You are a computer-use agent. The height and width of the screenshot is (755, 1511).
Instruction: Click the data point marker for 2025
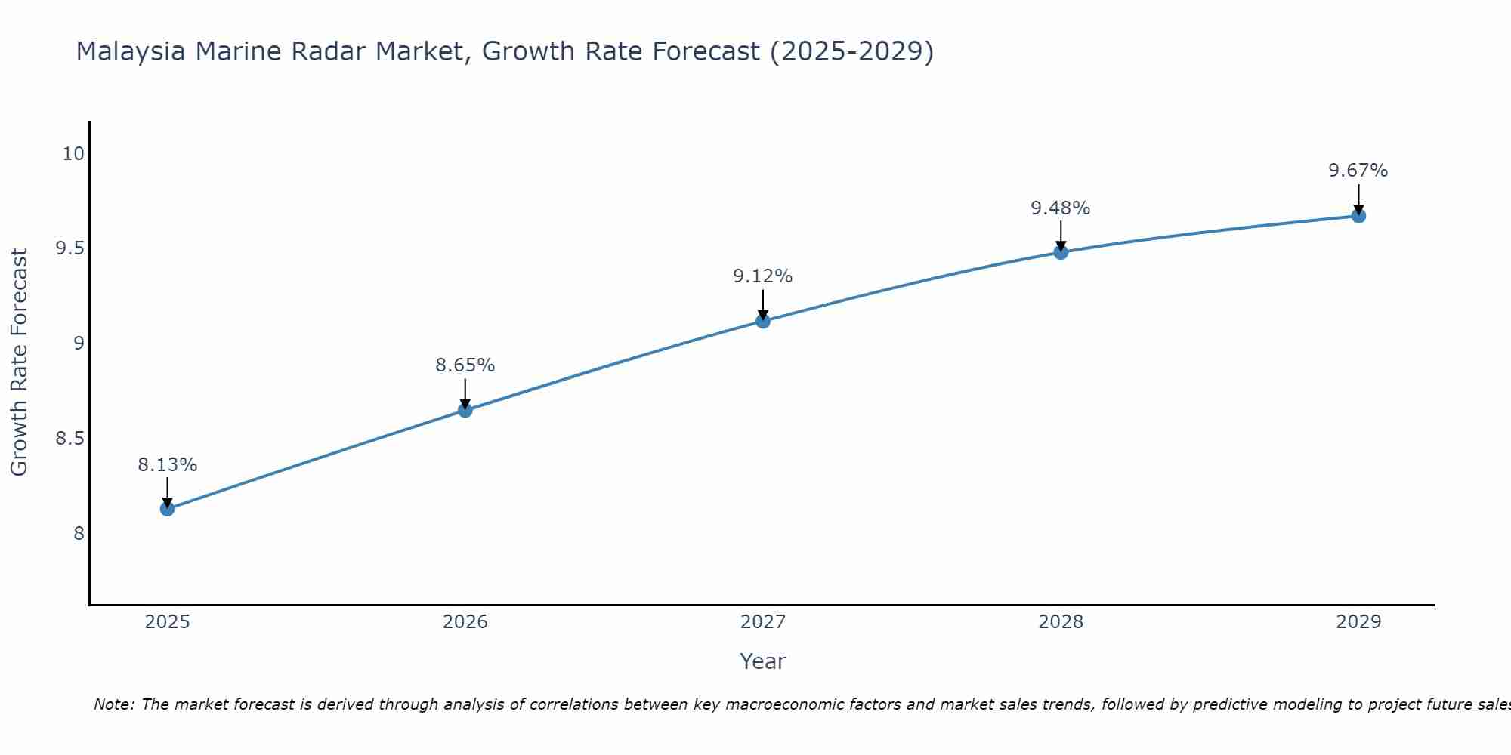click(x=167, y=509)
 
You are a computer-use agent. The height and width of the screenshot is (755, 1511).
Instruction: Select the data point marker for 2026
click(x=465, y=410)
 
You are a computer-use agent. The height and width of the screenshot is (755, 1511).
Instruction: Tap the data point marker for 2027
click(x=763, y=321)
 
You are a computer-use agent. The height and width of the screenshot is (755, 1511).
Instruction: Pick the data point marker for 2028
click(x=1061, y=252)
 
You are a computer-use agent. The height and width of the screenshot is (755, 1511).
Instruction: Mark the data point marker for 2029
click(x=1358, y=216)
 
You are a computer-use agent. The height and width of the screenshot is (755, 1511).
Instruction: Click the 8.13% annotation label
click(x=167, y=465)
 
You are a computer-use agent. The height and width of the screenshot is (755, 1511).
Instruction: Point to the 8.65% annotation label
click(x=465, y=365)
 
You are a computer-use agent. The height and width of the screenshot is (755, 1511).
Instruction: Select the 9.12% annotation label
click(x=763, y=276)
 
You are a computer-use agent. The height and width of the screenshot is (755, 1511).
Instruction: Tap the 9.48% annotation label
click(x=1061, y=208)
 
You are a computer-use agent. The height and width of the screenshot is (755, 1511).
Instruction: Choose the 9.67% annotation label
click(x=1358, y=171)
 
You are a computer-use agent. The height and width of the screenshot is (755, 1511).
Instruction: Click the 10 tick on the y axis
click(x=73, y=154)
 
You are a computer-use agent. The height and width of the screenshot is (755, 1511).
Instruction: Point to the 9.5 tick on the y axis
click(x=70, y=248)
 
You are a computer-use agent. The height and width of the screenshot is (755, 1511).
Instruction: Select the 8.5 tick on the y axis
click(x=70, y=439)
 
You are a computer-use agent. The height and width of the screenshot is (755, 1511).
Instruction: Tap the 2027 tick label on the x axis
click(x=763, y=622)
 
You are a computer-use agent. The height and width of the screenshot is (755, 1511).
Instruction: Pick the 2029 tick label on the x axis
click(x=1358, y=622)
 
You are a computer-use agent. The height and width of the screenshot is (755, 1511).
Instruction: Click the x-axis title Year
click(x=763, y=661)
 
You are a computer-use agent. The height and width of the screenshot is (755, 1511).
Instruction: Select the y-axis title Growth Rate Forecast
click(x=19, y=362)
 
